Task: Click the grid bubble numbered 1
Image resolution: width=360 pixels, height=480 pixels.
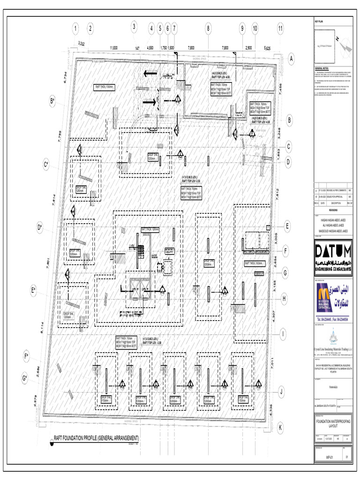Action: click(75, 29)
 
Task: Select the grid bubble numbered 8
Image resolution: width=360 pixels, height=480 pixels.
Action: click(208, 29)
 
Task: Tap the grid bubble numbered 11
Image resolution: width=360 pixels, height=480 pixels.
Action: click(280, 29)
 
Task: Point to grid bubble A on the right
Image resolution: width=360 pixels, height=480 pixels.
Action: click(291, 59)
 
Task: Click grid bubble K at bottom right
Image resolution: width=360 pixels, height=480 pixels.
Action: click(280, 428)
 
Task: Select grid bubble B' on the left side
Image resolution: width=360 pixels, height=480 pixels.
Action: click(52, 101)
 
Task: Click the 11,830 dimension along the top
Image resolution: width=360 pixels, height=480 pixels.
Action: click(114, 48)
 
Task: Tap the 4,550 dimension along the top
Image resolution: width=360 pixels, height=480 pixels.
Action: click(150, 48)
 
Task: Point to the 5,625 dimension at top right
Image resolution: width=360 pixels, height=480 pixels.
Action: click(268, 48)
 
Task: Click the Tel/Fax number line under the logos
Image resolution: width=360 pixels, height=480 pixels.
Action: click(333, 319)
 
